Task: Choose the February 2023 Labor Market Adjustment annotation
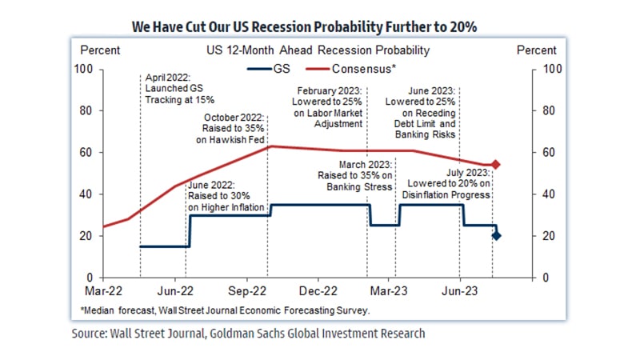click(330, 108)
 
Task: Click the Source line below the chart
click(248, 334)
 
